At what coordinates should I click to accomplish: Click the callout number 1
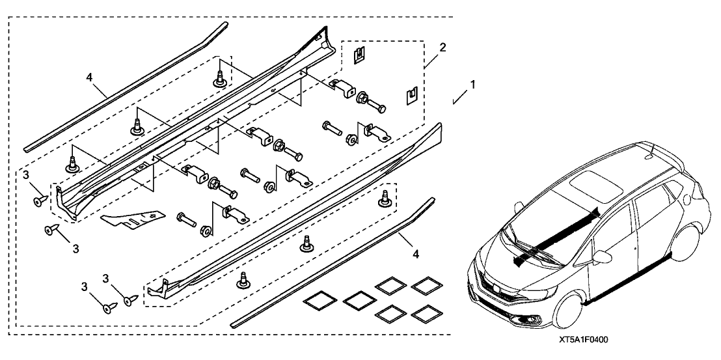click(x=474, y=85)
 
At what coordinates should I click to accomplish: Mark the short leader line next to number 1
click(x=459, y=97)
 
